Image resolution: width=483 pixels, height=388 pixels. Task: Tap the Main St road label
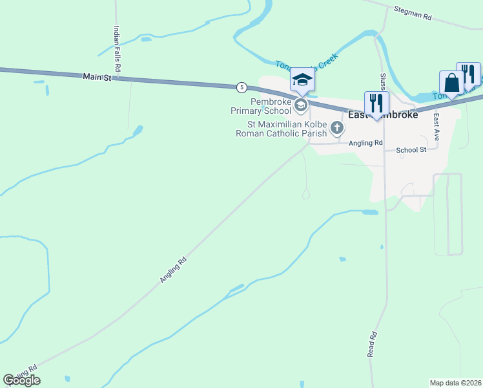[x=98, y=77]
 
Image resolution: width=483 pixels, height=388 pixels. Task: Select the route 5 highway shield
[x=241, y=87]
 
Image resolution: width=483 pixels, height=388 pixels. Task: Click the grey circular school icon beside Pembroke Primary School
[x=300, y=105]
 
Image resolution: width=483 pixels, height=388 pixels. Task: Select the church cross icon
[x=336, y=128]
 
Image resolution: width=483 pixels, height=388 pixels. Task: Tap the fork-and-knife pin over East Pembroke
[x=376, y=103]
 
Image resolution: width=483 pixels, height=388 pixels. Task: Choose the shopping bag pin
[x=451, y=83]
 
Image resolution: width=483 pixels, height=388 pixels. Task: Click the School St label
[x=411, y=150]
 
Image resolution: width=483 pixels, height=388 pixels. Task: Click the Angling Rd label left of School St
[x=365, y=143]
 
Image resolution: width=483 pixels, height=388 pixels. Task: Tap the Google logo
[x=21, y=380]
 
